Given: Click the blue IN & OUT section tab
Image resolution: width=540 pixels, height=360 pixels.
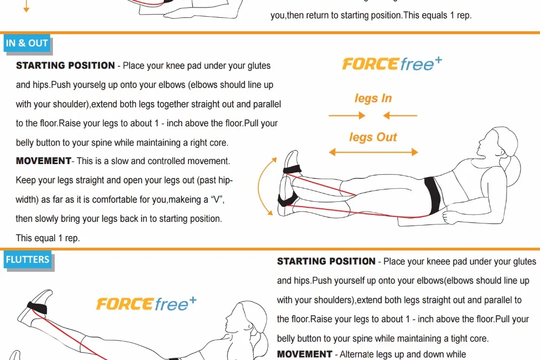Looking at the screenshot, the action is (27, 43).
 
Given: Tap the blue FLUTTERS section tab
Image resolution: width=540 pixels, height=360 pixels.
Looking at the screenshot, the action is (28, 260).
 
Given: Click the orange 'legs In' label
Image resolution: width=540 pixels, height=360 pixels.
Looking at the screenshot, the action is (373, 98).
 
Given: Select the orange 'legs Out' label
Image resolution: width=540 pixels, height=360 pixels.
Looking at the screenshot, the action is (373, 137).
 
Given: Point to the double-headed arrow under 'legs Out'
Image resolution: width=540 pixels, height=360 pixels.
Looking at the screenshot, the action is (373, 152).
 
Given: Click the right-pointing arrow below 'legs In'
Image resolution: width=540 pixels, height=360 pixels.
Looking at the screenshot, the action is (347, 116).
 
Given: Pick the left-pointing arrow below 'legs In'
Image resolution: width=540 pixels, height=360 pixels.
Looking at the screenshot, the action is (400, 116).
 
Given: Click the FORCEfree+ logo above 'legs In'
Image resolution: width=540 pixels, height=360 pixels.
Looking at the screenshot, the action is (392, 64).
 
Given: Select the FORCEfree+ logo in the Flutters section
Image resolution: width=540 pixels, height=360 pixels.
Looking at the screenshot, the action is (146, 303).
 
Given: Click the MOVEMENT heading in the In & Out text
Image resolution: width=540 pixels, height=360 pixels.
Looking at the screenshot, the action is (43, 161).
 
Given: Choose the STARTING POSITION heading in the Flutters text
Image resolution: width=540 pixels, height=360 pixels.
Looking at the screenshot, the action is (326, 262).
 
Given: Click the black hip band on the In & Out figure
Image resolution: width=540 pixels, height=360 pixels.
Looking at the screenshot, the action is (432, 195).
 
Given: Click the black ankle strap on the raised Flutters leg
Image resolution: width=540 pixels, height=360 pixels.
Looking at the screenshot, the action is (37, 307).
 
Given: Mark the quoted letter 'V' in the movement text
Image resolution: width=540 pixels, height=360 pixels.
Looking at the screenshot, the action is (217, 200).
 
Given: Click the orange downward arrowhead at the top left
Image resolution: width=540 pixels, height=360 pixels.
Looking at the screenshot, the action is (26, 9).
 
